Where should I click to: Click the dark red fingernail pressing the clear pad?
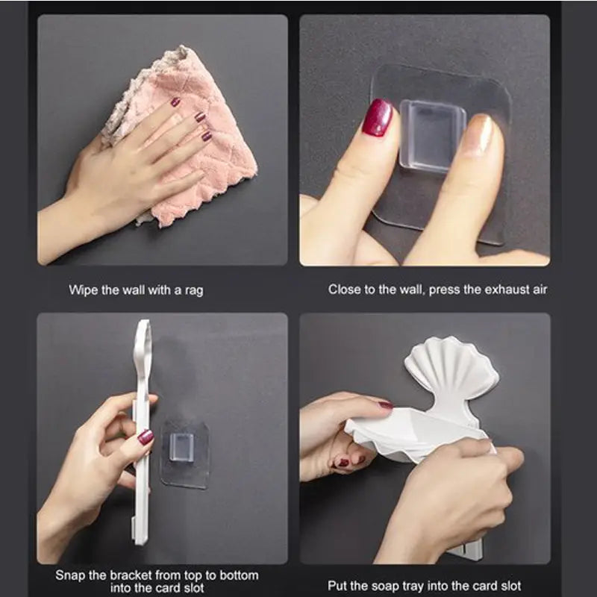(378, 118)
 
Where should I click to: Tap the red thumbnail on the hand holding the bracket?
(146, 437)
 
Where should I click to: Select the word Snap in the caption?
(71, 575)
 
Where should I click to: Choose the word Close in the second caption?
(344, 289)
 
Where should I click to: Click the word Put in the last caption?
(338, 586)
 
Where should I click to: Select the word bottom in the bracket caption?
(237, 575)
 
